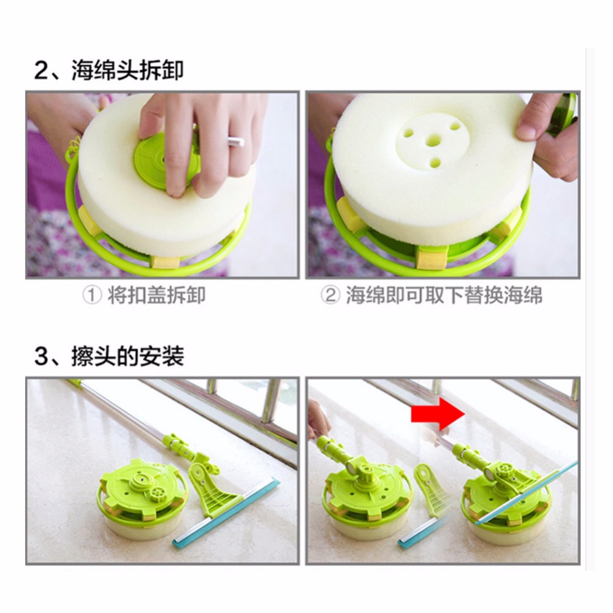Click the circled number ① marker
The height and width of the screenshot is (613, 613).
click(93, 296)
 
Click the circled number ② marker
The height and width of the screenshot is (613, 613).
click(330, 296)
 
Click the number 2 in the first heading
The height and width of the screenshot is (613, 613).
click(41, 71)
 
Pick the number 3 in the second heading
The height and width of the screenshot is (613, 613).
click(41, 357)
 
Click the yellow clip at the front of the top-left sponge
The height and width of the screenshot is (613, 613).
click(164, 261)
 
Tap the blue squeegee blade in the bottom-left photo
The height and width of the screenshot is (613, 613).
click(226, 512)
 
